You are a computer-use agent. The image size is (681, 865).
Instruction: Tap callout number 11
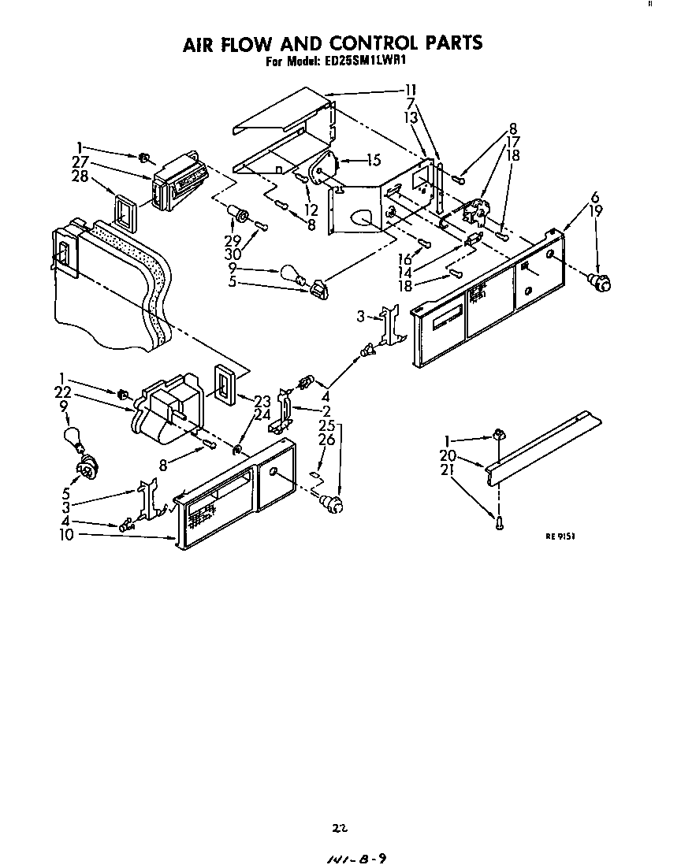pos(411,89)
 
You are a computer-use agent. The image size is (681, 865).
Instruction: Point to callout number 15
pos(373,160)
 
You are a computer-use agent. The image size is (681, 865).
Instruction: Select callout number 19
pos(597,210)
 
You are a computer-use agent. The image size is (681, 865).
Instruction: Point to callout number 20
pos(448,455)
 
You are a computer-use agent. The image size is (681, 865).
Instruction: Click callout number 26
pos(326,440)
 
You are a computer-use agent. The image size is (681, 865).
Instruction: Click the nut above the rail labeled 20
pos(498,433)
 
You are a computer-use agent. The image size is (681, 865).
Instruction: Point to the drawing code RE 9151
pos(561,536)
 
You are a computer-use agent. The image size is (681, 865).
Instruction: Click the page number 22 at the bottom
pos(340,828)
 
